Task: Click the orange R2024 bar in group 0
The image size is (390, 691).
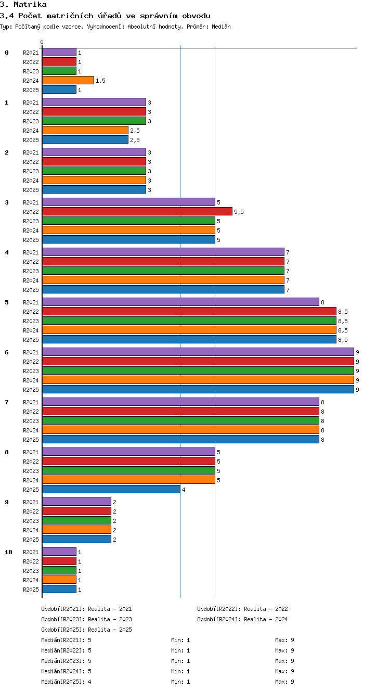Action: point(68,80)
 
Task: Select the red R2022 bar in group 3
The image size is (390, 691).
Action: point(137,211)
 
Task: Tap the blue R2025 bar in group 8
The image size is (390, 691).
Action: point(111,489)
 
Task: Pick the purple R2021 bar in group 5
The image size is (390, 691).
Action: point(180,302)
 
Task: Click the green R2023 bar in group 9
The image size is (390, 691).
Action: point(76,520)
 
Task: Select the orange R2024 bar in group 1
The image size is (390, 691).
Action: point(85,130)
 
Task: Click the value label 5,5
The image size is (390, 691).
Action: point(239,212)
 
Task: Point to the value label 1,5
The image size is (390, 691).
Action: point(100,81)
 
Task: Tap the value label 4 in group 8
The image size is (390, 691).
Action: point(184,490)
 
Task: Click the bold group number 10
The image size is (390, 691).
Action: point(8,552)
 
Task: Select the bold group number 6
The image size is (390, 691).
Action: point(6,352)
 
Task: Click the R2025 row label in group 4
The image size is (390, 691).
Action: point(31,290)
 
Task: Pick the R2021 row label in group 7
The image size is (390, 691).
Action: point(31,402)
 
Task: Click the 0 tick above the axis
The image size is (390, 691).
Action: point(42,42)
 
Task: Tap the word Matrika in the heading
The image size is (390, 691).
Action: point(30,4)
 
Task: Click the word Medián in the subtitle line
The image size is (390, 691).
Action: point(221,27)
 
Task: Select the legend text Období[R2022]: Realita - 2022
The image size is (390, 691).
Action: point(242,609)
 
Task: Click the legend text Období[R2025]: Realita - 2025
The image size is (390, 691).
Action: point(86,629)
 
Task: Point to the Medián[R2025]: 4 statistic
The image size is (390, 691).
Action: point(66,682)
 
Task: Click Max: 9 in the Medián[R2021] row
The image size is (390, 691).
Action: point(284,640)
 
